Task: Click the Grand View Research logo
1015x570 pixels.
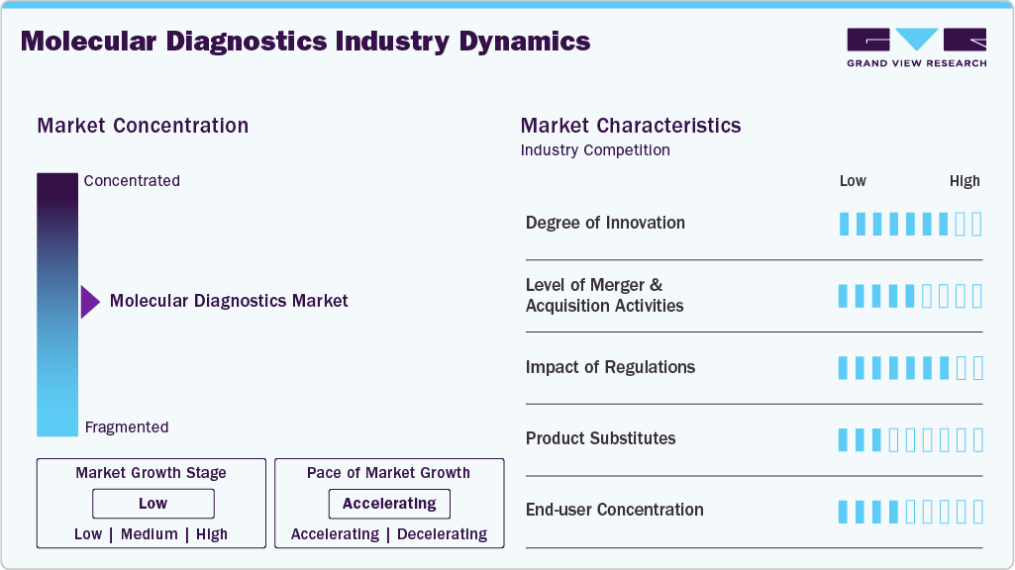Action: pyautogui.click(x=916, y=47)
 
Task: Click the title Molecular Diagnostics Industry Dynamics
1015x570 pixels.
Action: pyautogui.click(x=305, y=42)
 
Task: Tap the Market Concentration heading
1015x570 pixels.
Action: pyautogui.click(x=143, y=126)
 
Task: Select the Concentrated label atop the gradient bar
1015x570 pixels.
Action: pyautogui.click(x=132, y=181)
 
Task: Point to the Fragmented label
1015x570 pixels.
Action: pyautogui.click(x=127, y=427)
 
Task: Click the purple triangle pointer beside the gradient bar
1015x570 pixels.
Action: pyautogui.click(x=89, y=302)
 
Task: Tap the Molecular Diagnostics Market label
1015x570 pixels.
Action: pyautogui.click(x=229, y=301)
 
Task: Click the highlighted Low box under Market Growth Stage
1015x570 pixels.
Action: pyautogui.click(x=152, y=504)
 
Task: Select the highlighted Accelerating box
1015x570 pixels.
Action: pyautogui.click(x=389, y=504)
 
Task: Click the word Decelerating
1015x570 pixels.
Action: pyautogui.click(x=442, y=534)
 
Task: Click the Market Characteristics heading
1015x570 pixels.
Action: pyautogui.click(x=631, y=126)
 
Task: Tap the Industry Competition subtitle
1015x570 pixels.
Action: pyautogui.click(x=595, y=150)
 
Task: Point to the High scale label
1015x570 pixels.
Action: pyautogui.click(x=964, y=181)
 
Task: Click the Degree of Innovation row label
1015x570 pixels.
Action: pyautogui.click(x=605, y=223)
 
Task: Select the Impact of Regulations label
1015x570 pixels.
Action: pyautogui.click(x=610, y=367)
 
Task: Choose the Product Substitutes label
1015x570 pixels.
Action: pyautogui.click(x=600, y=438)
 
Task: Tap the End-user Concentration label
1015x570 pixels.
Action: pyautogui.click(x=614, y=510)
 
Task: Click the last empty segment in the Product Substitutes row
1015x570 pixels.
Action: pyautogui.click(x=977, y=439)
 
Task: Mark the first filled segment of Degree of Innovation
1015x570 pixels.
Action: pyautogui.click(x=844, y=224)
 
